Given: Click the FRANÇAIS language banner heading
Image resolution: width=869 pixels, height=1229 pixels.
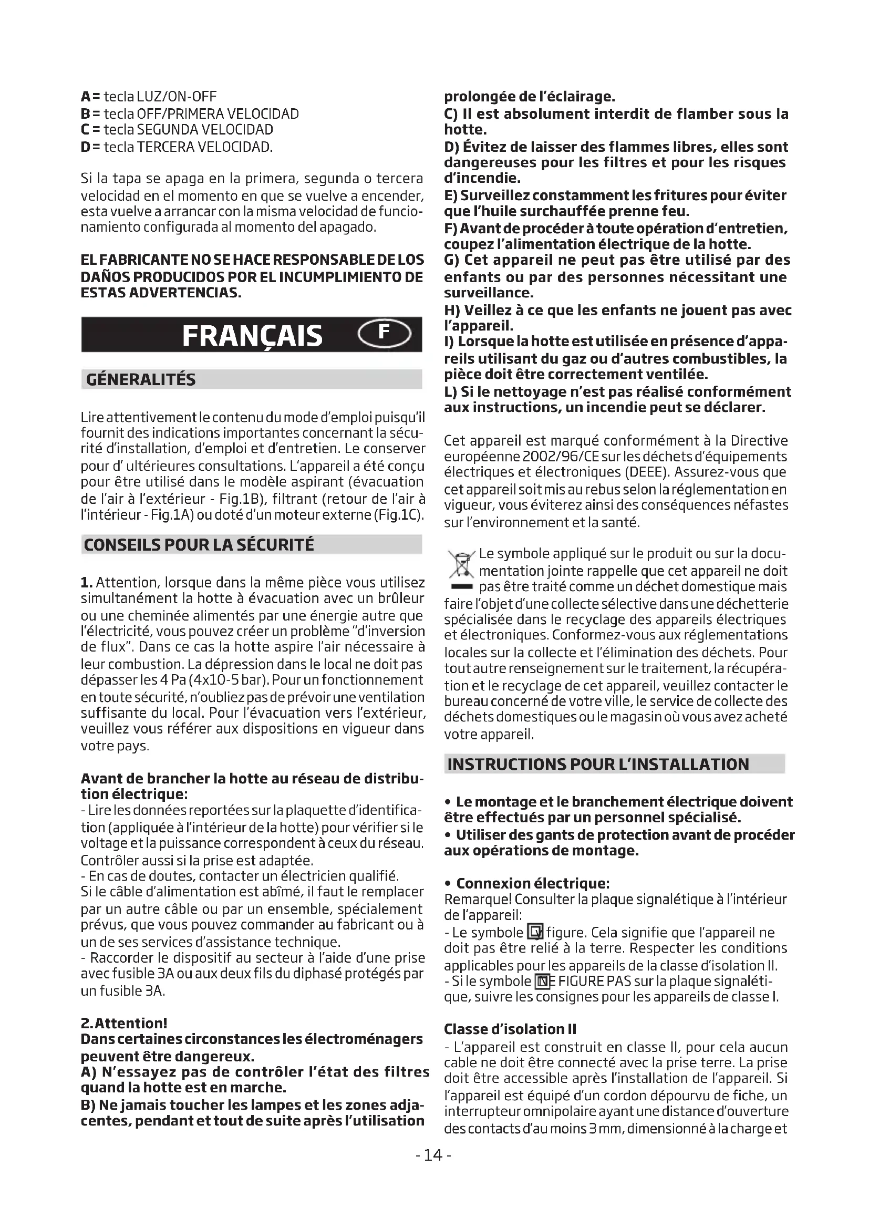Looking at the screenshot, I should pos(252,336).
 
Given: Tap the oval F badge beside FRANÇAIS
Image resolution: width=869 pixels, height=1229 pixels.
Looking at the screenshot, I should pos(384,333).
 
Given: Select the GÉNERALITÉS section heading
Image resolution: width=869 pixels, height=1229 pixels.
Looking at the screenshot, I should pos(141,379).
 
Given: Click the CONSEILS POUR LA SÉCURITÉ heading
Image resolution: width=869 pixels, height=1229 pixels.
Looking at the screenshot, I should pos(199,545).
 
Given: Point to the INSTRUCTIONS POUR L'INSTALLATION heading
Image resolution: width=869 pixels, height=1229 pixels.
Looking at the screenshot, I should pos(598,764).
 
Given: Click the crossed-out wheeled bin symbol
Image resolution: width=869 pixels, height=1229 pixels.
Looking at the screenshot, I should pos(461,565).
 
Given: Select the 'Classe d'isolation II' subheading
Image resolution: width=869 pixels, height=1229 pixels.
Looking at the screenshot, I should pos(510,1029).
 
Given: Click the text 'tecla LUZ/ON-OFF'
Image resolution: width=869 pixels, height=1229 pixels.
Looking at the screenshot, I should pos(160,97).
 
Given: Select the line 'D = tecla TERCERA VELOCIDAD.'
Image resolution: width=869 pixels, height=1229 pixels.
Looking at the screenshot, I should pos(177,147).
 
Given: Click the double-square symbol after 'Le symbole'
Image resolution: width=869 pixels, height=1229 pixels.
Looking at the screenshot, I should pos(535,933).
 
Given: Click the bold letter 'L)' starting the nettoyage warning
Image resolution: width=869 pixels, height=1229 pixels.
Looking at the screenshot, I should pos(451,392).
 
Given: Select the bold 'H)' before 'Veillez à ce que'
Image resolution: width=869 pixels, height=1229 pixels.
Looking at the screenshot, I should pos(452,311).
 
